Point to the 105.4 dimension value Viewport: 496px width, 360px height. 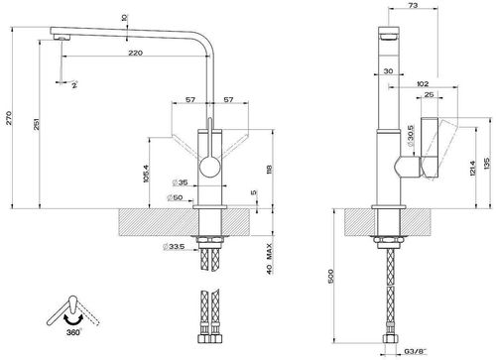[x=147, y=174]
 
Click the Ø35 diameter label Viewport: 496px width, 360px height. [x=181, y=181]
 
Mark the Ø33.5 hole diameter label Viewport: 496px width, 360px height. [x=176, y=247]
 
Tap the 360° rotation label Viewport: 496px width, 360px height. [x=74, y=334]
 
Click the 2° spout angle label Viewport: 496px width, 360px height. [x=72, y=86]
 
